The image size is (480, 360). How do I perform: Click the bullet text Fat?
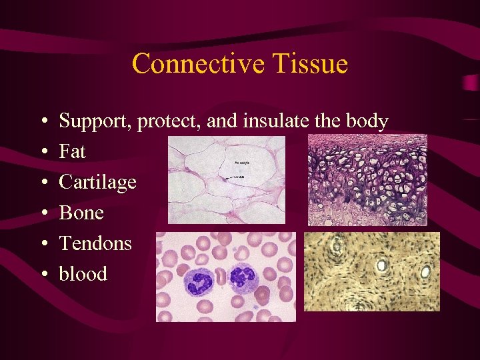72,152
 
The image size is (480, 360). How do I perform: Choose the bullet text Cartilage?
97,182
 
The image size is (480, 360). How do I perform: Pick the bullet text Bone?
81,213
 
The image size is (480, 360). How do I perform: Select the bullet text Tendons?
95,243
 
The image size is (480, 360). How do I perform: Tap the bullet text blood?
83,273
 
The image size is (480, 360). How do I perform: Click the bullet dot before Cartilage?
42,183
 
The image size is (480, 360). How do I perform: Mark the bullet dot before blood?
42,274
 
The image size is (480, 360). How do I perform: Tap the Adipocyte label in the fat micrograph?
243,163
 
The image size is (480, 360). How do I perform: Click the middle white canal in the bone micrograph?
383,265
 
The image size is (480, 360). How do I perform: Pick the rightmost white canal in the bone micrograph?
425,271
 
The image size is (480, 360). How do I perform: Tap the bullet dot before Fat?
42,153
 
